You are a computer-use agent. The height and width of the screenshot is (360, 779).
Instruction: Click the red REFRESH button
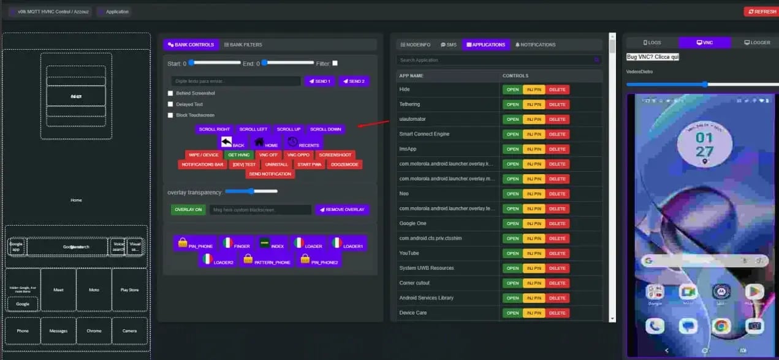(x=760, y=12)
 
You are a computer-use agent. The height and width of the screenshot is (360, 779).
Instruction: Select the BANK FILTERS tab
(x=243, y=45)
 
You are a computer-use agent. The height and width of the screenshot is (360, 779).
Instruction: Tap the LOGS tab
(x=652, y=42)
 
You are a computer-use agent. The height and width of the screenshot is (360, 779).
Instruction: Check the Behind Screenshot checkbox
(x=170, y=93)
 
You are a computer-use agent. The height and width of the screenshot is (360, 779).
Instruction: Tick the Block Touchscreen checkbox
(x=170, y=115)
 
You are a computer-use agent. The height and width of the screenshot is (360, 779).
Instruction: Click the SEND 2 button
(x=353, y=81)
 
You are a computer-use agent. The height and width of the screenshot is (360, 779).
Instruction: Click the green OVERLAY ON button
(x=188, y=210)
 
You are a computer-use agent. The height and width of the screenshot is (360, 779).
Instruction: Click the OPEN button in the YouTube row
(x=512, y=253)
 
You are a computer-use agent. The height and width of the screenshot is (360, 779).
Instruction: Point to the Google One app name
(x=412, y=224)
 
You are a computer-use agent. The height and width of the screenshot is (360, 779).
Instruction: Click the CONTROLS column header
(x=515, y=75)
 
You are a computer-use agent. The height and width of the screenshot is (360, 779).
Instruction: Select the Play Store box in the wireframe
(x=129, y=290)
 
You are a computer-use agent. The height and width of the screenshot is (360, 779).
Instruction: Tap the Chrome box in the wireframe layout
(x=94, y=331)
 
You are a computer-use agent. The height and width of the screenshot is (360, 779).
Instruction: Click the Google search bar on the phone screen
(x=702, y=261)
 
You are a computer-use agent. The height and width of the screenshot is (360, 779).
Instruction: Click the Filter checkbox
(x=335, y=63)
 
